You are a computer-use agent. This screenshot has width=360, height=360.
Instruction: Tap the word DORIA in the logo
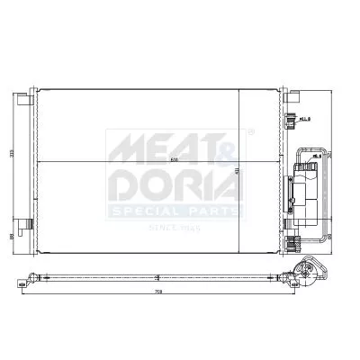(x=175, y=185)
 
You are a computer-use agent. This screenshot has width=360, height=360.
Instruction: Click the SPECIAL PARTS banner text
(x=175, y=213)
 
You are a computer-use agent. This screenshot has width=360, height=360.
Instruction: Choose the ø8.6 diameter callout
(x=314, y=157)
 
